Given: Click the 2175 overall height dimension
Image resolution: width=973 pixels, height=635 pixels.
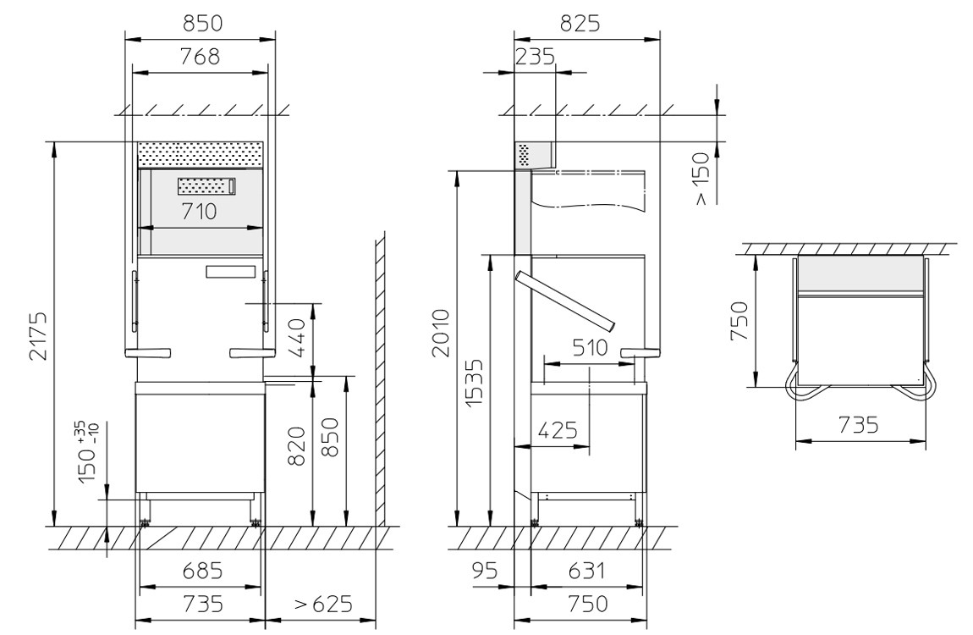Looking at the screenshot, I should pos(38,336).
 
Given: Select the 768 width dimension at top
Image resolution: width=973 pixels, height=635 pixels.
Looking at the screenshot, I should pos(201,57).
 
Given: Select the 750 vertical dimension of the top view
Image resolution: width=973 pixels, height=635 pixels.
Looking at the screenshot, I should pos(738,322).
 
